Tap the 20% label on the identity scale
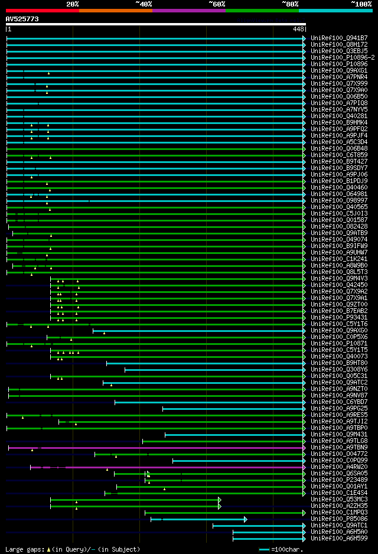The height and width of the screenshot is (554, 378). [x=73, y=4]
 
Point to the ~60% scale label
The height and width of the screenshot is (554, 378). [x=217, y=4]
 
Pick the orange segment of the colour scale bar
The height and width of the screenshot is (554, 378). [x=115, y=11]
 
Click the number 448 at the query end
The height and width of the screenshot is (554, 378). [x=298, y=29]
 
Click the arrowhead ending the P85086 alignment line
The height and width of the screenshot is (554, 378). [x=245, y=519]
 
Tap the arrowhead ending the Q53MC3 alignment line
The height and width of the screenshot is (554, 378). [x=220, y=500]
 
